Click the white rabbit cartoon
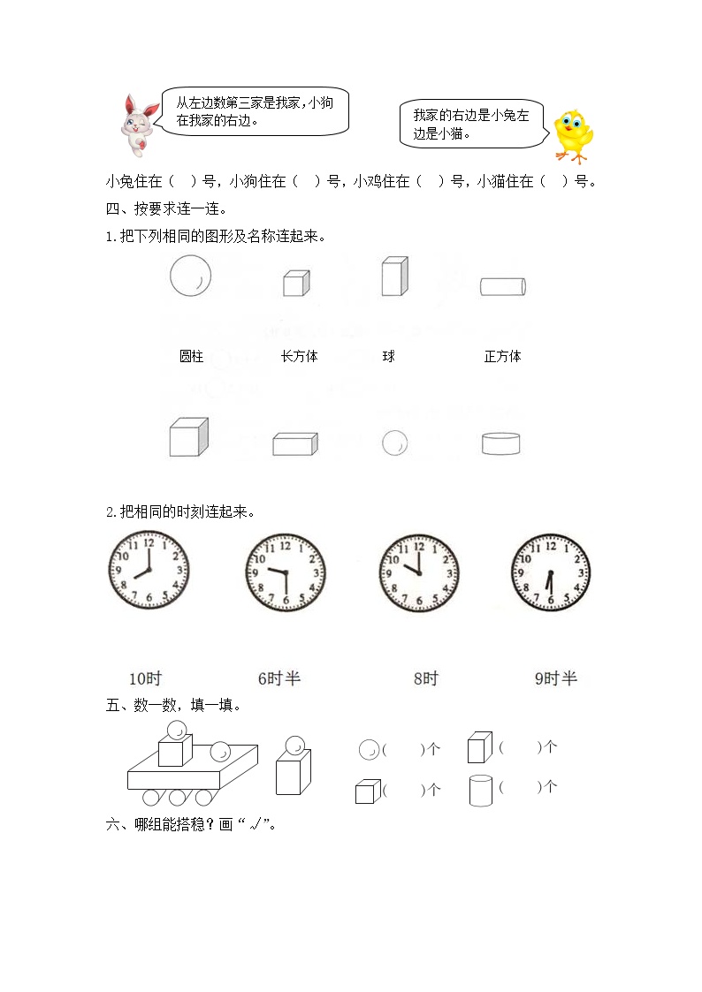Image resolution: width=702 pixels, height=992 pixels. [139, 125]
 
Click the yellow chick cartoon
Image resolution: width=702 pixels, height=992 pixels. [573, 135]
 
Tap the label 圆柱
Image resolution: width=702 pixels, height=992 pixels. [191, 356]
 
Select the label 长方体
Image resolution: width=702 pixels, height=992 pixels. [300, 356]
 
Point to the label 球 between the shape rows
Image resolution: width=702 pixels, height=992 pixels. [389, 356]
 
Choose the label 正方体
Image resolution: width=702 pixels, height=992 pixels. [502, 356]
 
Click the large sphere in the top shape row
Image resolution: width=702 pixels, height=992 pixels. [191, 276]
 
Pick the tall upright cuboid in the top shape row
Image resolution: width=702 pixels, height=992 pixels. [395, 276]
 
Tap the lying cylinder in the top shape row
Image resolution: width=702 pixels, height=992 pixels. [503, 286]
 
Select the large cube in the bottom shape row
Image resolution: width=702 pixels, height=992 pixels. [188, 436]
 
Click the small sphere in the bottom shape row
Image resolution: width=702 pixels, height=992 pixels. [395, 443]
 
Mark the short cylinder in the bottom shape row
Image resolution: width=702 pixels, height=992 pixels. [500, 443]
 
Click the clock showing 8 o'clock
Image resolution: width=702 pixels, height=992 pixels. [149, 570]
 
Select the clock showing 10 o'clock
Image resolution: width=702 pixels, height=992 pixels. [419, 572]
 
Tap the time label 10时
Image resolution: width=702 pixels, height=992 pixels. [146, 678]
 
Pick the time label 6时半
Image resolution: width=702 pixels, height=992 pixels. [279, 678]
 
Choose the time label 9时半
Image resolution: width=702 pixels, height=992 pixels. [556, 678]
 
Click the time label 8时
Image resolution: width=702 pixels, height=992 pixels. [426, 678]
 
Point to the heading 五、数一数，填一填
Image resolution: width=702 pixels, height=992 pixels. [173, 705]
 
